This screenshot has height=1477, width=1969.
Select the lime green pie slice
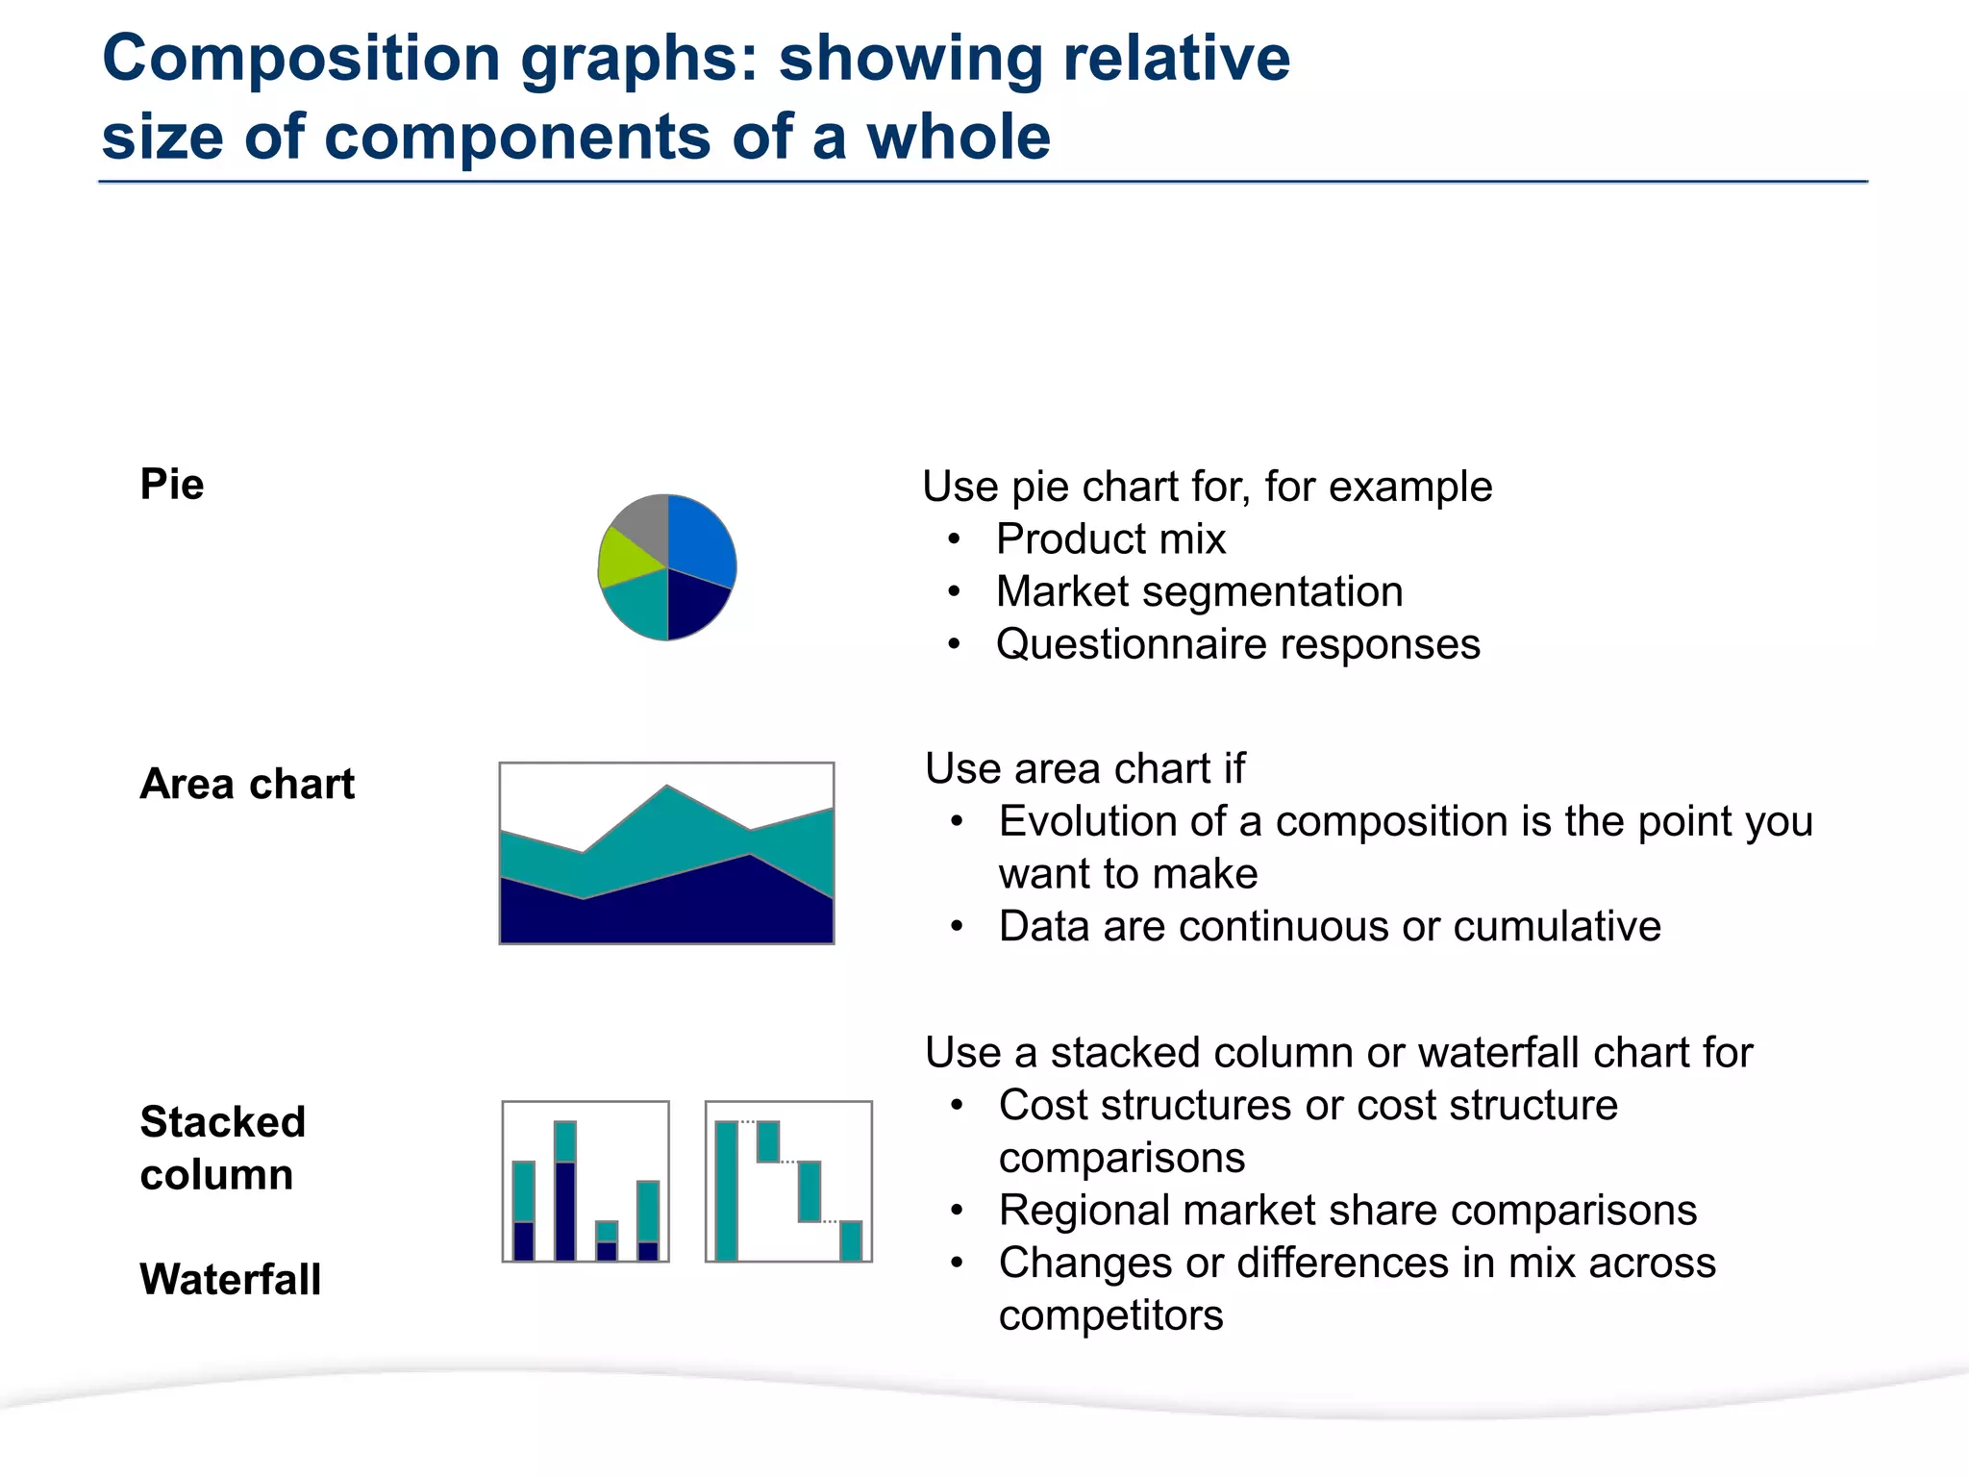tap(623, 560)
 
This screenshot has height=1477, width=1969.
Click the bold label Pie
tap(172, 484)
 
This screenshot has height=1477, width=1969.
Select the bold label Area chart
tap(247, 784)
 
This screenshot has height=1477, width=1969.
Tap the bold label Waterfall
tap(230, 1279)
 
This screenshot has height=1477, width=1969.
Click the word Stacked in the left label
tap(222, 1122)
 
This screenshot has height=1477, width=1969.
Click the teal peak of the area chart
tap(667, 817)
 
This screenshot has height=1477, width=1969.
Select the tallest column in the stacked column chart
tap(565, 1192)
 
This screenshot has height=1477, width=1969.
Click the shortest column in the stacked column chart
tap(607, 1241)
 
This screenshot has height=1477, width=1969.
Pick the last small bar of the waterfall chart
tap(851, 1240)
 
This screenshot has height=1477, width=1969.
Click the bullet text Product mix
tap(1110, 538)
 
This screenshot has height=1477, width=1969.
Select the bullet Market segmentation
tap(1199, 591)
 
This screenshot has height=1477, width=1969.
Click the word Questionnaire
tap(1131, 644)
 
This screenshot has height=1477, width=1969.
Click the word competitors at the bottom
tap(1110, 1315)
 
